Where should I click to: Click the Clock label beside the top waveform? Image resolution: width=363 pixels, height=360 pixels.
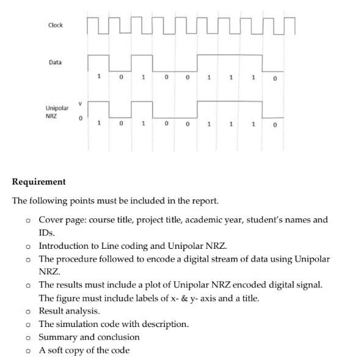pyautogui.click(x=55, y=25)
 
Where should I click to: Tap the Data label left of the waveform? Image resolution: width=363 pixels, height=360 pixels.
pyautogui.click(x=55, y=62)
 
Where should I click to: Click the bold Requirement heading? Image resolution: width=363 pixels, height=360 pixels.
pyautogui.click(x=39, y=182)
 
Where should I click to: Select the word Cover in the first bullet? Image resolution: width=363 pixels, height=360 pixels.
pyautogui.click(x=51, y=219)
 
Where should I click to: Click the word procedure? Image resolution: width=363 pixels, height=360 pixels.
pyautogui.click(x=79, y=259)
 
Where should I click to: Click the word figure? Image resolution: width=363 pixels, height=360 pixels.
pyautogui.click(x=70, y=298)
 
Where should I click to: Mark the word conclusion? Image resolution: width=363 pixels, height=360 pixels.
pyautogui.click(x=119, y=337)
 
